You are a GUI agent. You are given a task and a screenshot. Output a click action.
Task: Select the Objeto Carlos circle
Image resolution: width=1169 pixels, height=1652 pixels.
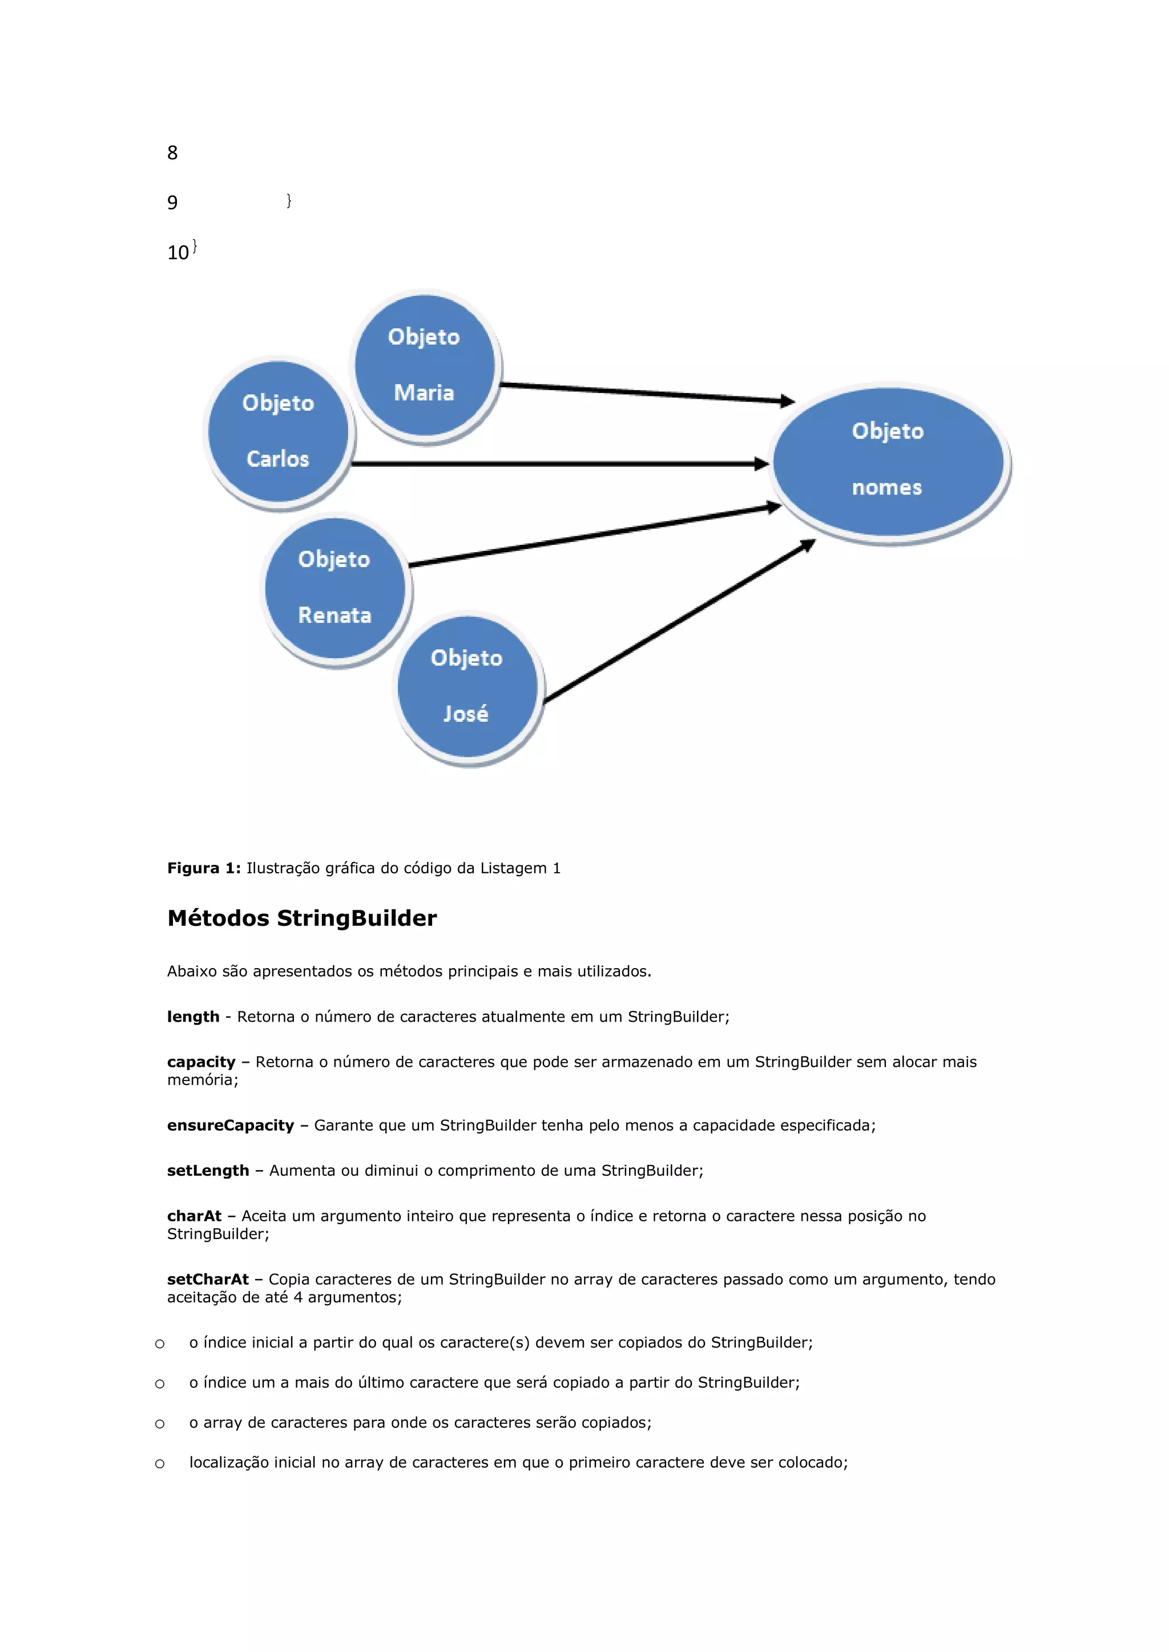pos(279,431)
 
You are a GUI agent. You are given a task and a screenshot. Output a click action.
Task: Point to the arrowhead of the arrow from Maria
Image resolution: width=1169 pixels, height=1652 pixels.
pos(788,401)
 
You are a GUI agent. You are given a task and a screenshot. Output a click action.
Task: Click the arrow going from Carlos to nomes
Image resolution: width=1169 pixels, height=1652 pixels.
pos(554,464)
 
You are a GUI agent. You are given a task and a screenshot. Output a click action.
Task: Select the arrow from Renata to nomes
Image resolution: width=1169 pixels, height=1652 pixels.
pos(590,536)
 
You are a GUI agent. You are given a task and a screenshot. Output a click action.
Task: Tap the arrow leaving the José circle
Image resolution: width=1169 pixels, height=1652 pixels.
pos(676,622)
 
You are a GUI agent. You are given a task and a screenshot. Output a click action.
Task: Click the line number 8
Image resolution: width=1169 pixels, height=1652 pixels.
pos(172,152)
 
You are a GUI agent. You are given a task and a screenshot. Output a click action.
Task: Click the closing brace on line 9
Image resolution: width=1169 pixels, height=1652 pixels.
pos(289,200)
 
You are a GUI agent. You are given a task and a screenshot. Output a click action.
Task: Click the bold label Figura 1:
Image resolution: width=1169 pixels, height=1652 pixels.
pos(204,868)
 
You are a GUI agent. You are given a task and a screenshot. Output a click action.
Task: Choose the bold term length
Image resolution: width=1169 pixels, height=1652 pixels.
pos(193,1017)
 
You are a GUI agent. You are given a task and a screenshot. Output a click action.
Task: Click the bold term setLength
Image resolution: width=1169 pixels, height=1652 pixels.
pos(208,1171)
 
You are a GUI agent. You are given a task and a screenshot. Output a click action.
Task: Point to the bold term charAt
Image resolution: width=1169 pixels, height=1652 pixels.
pos(194,1216)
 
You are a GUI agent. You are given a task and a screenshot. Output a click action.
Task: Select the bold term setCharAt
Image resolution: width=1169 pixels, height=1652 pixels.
pos(208,1280)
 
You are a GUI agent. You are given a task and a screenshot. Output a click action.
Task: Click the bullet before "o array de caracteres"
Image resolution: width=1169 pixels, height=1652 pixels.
pos(160,1424)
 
